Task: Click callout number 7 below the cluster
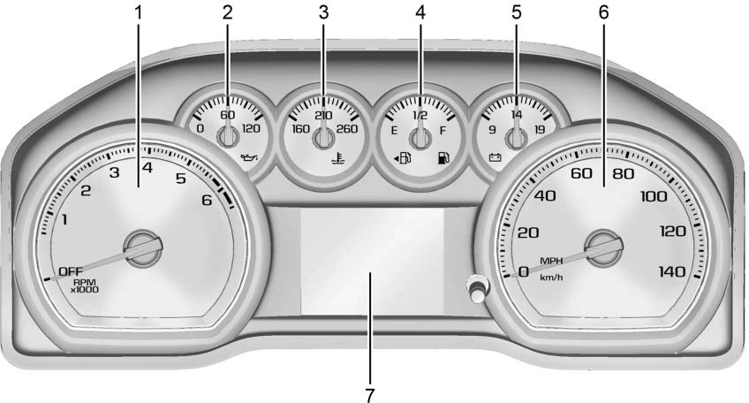(x=369, y=395)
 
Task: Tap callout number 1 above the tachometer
(x=139, y=13)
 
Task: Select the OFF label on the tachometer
(x=71, y=271)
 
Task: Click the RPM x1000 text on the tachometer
(x=85, y=285)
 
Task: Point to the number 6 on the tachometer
(x=207, y=200)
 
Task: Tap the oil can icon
(x=249, y=157)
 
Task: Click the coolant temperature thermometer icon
(x=338, y=158)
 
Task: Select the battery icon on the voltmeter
(x=495, y=157)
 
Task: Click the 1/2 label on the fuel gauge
(x=420, y=115)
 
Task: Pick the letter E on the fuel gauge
(x=394, y=131)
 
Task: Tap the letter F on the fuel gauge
(x=443, y=131)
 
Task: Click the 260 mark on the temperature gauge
(x=347, y=129)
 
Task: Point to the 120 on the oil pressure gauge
(x=251, y=129)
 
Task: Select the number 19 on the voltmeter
(x=540, y=130)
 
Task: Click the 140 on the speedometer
(x=672, y=271)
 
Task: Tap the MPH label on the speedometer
(x=551, y=261)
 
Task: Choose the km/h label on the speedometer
(x=551, y=278)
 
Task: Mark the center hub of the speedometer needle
(x=604, y=248)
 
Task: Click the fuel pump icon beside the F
(x=443, y=157)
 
